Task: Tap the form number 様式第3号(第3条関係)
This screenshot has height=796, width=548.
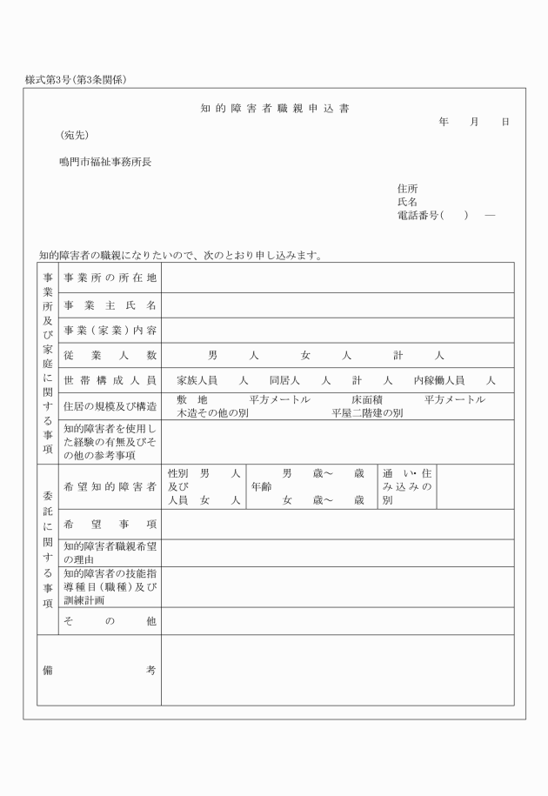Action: point(77,80)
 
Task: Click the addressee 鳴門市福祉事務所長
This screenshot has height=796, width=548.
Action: point(105,162)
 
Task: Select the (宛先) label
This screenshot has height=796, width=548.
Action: point(74,135)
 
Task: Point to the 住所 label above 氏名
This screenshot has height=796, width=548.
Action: point(407,189)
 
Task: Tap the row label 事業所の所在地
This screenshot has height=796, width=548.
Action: point(110,278)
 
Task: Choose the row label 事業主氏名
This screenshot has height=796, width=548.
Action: point(110,304)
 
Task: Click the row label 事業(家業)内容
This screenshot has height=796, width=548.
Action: point(110,330)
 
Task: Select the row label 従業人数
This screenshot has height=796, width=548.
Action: point(110,355)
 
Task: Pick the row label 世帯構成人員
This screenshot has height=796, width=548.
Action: point(110,380)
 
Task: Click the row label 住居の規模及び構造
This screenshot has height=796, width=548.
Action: point(110,406)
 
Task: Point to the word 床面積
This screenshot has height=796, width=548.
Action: point(367,399)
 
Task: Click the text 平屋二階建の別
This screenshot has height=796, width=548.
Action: point(366,413)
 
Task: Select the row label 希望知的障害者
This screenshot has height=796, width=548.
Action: point(110,486)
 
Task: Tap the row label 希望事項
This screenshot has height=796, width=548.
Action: point(110,525)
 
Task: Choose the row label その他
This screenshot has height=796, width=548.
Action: point(110,621)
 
